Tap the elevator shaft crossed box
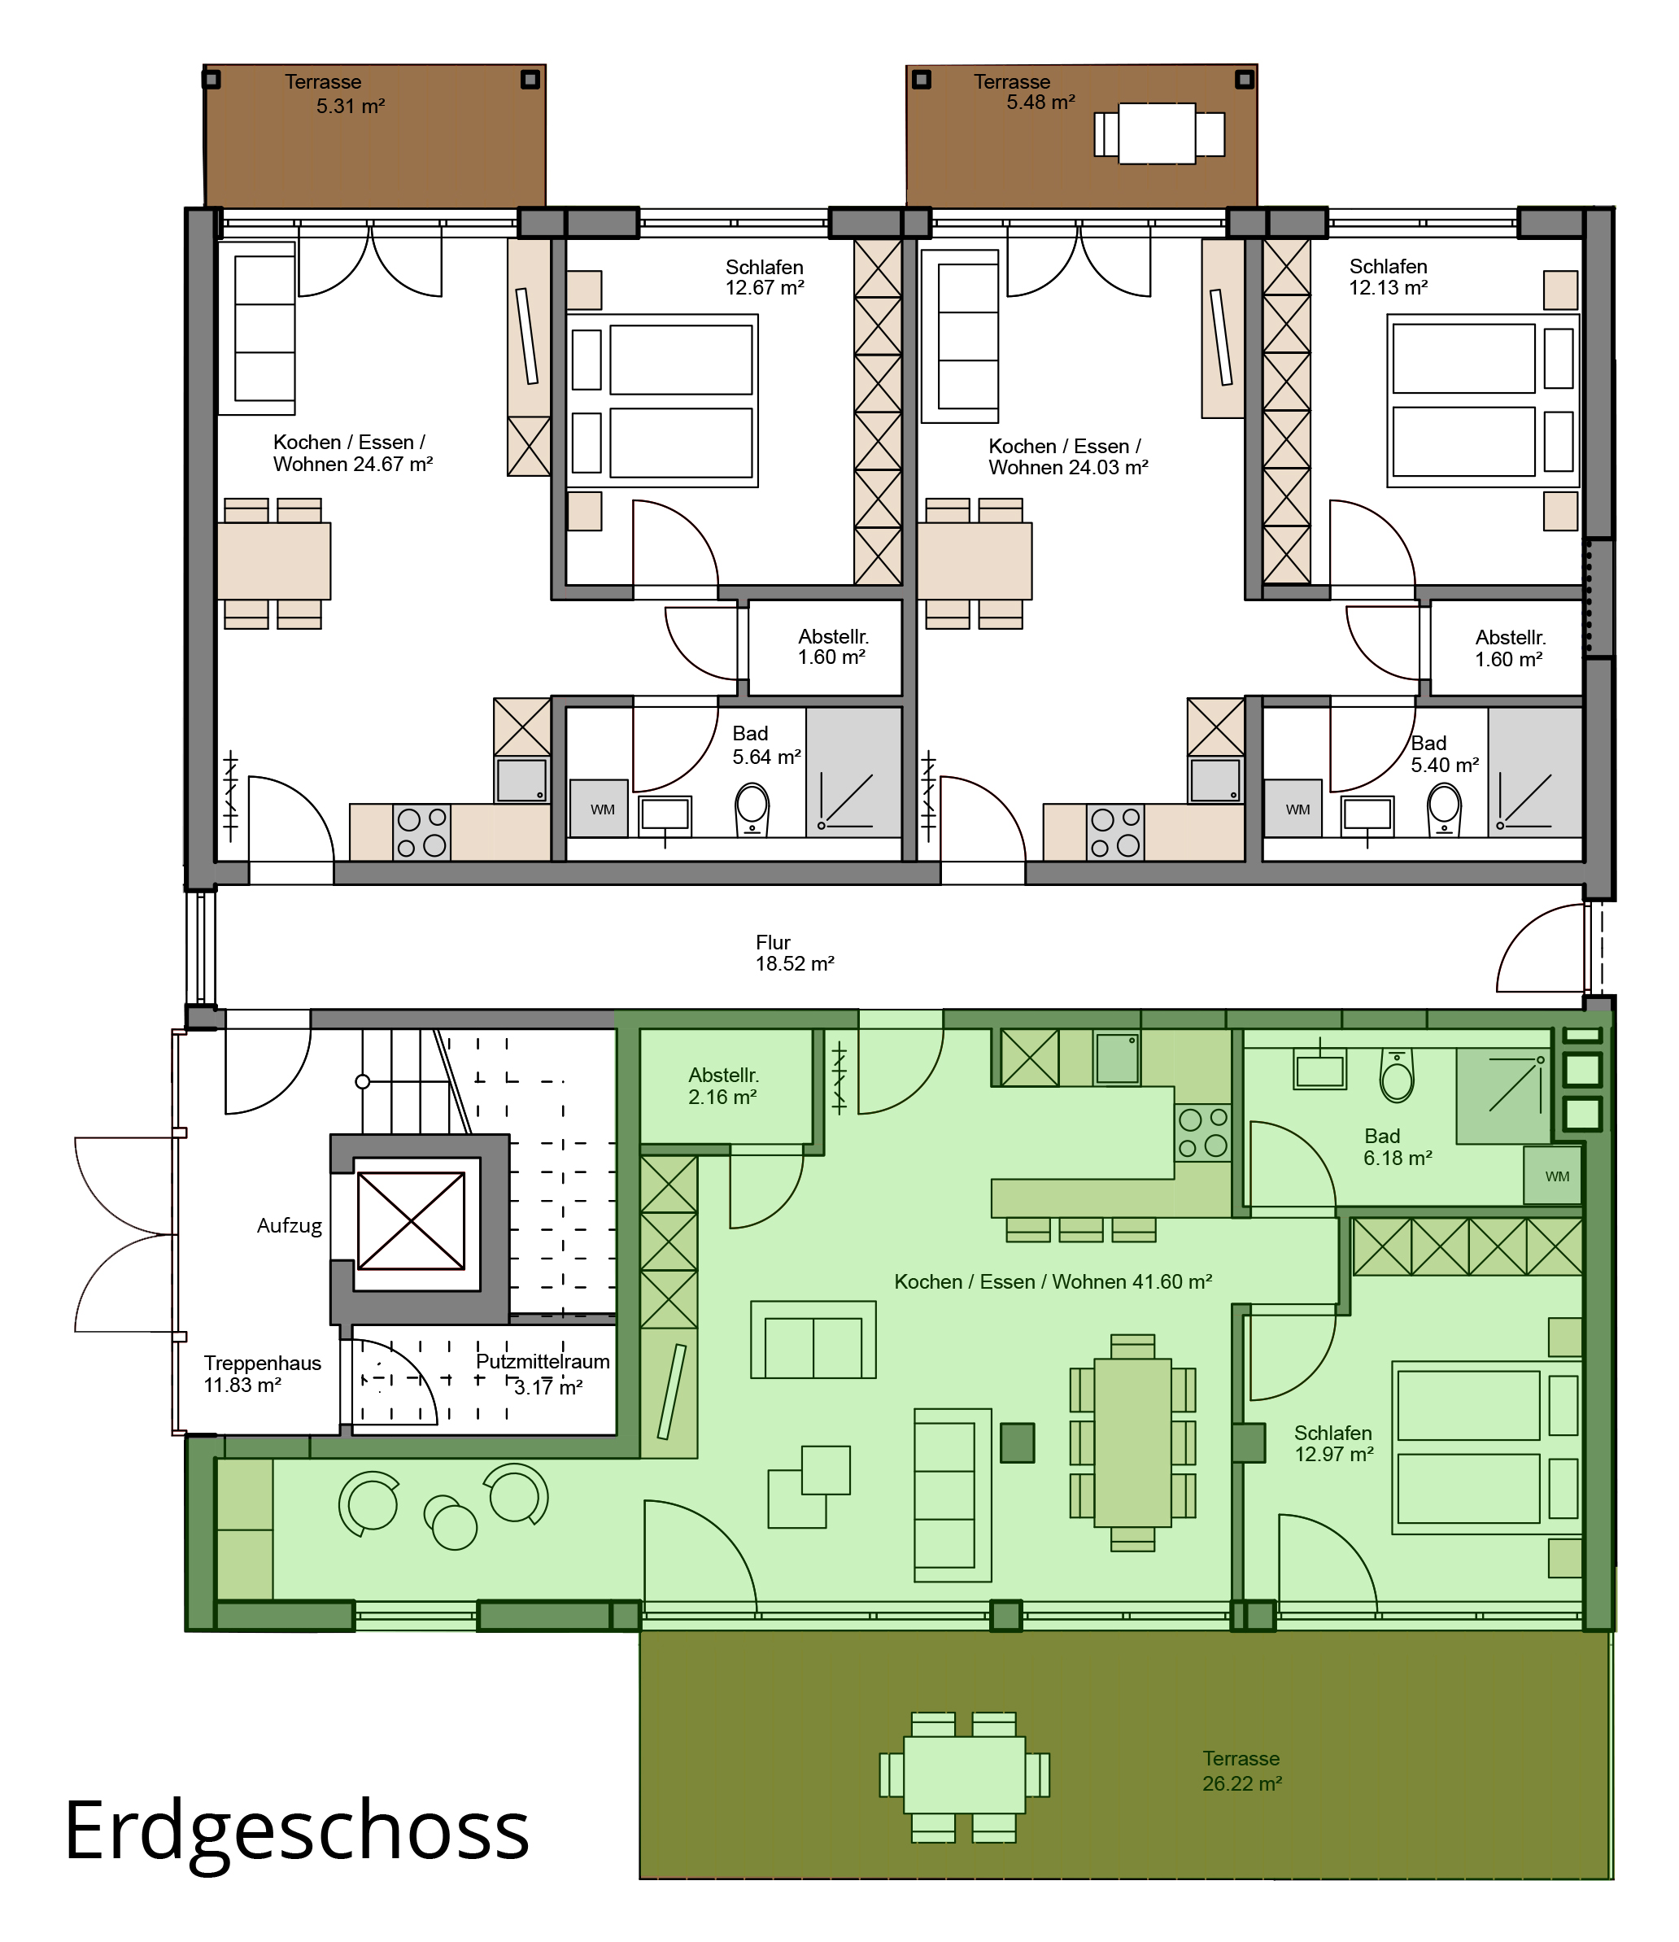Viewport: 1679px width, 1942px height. pyautogui.click(x=412, y=1220)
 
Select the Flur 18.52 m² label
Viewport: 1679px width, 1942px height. pyautogui.click(x=795, y=952)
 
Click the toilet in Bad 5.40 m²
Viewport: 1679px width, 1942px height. pyautogui.click(x=1444, y=809)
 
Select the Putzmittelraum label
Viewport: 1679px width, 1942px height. pyautogui.click(x=543, y=1362)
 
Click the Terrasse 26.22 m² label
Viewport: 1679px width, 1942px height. pyautogui.click(x=1241, y=1770)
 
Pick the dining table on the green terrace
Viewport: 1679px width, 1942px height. pyautogui.click(x=964, y=1774)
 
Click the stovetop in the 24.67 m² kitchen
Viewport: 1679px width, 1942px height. pyautogui.click(x=421, y=832)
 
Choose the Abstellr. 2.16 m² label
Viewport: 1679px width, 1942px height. pyautogui.click(x=722, y=1085)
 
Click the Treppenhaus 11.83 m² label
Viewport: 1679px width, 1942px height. pyautogui.click(x=262, y=1373)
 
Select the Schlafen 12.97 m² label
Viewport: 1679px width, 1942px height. pyautogui.click(x=1333, y=1443)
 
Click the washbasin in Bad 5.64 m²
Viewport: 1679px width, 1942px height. pyautogui.click(x=665, y=815)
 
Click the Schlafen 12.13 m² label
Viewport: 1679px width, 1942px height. pyautogui.click(x=1389, y=277)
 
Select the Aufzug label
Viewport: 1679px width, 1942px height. pyautogui.click(x=290, y=1226)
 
